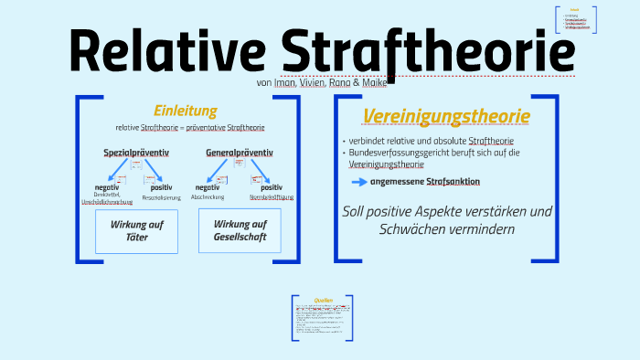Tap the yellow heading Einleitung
click(x=185, y=111)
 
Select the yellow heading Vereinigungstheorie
click(x=446, y=116)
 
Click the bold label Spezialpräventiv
click(x=136, y=152)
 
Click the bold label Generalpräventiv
click(x=240, y=152)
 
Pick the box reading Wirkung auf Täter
click(x=135, y=231)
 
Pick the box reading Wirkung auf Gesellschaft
click(x=240, y=230)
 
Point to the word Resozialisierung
click(x=161, y=197)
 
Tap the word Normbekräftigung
click(x=272, y=197)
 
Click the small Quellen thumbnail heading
click(x=322, y=299)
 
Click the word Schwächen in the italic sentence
click(x=407, y=228)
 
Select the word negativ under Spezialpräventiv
click(x=107, y=187)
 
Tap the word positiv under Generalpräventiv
click(x=272, y=187)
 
